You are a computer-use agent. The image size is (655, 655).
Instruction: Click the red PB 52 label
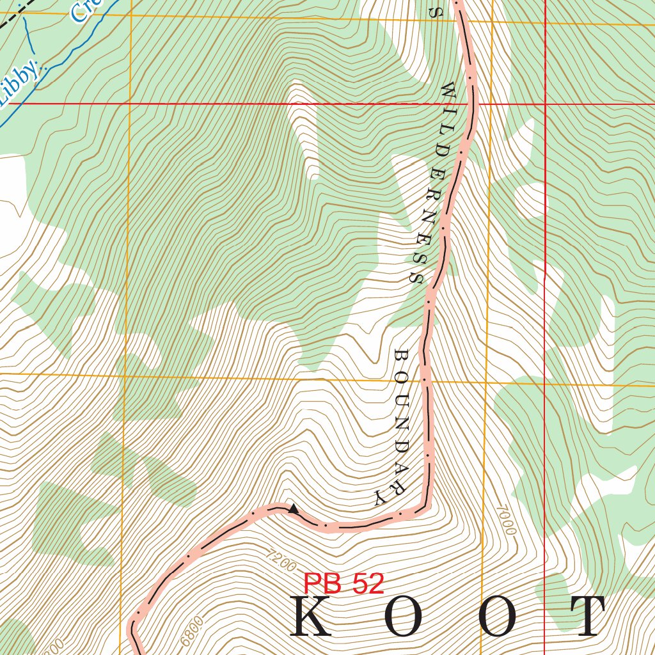coord(344,583)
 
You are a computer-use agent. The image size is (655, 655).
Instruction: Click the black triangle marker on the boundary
coord(293,509)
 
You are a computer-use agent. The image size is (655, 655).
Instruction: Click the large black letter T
coord(582,617)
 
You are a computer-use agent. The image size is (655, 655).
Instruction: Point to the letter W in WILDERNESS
coord(447,91)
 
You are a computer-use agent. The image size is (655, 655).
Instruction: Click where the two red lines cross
coord(545,103)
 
